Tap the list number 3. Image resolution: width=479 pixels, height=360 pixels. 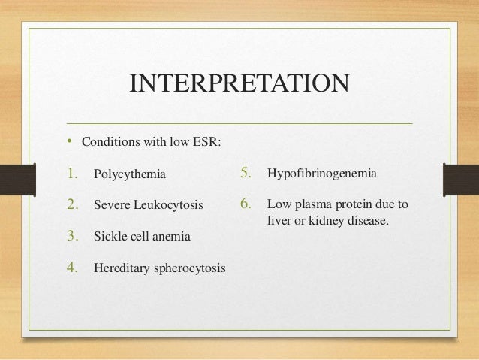[x=73, y=236]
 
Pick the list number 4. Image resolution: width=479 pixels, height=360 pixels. [x=73, y=267]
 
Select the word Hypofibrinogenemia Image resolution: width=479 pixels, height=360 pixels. [x=321, y=175]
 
